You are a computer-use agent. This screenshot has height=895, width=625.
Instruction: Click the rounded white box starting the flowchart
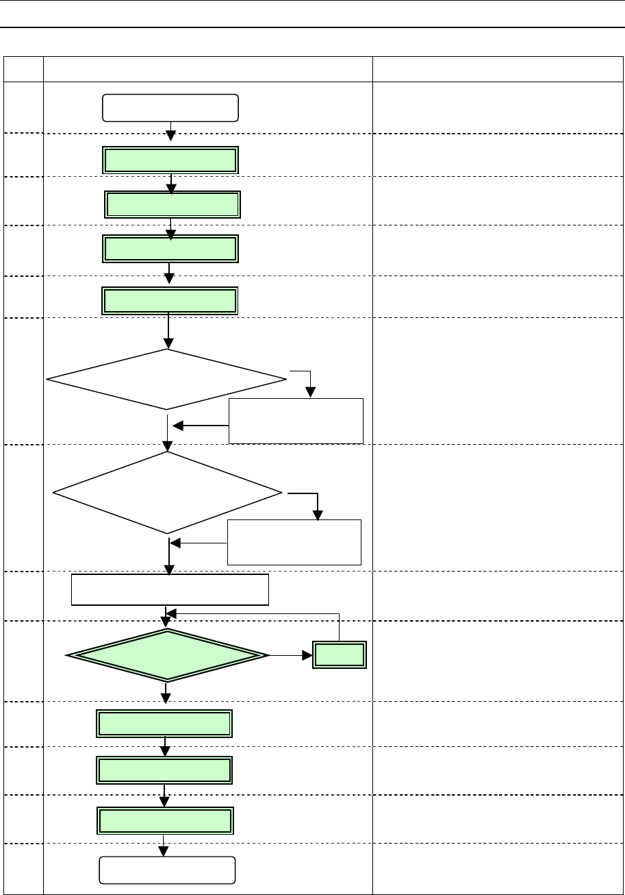point(170,108)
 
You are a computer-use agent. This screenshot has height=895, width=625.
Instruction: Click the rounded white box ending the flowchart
point(168,870)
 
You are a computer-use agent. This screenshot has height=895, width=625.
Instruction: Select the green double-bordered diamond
point(168,656)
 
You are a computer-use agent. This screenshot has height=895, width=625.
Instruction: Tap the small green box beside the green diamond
point(340,655)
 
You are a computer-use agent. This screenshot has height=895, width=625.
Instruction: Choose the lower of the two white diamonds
point(168,492)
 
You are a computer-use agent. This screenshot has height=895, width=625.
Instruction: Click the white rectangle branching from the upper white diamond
point(296,420)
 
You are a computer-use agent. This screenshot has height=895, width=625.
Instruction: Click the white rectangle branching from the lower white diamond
point(294,542)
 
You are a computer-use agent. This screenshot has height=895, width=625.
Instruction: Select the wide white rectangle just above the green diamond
point(170,589)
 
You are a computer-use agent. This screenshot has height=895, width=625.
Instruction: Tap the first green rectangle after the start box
point(170,160)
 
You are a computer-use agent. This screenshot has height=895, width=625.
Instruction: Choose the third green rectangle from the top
point(170,249)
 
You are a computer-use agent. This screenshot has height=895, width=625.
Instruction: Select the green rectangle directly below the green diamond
point(164,724)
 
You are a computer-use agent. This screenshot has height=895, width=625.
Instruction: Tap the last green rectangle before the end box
point(164,820)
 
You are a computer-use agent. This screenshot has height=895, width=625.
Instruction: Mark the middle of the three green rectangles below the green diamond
point(164,770)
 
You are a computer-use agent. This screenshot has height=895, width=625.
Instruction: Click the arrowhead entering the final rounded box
point(164,850)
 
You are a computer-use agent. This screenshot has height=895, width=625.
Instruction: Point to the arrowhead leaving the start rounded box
point(171,135)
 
